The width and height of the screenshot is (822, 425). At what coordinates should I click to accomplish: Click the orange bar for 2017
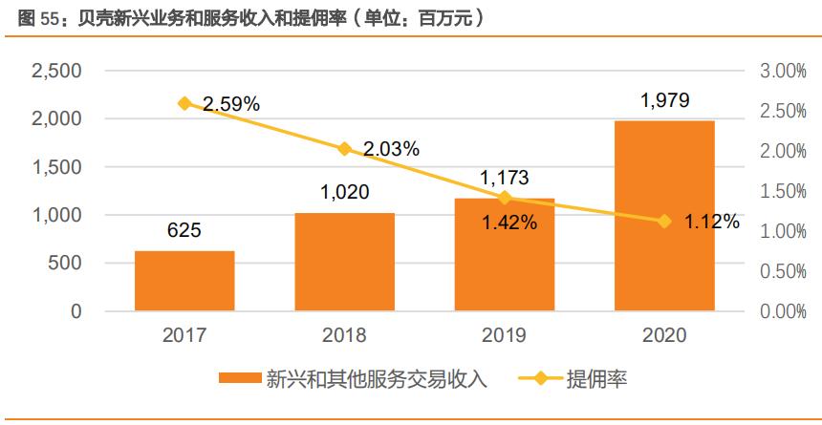coord(184,281)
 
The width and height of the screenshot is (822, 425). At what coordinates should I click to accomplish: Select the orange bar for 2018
coord(344,262)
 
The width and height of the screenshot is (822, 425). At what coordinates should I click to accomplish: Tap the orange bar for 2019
coord(505,255)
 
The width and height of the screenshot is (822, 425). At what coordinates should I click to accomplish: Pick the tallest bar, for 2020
coord(664,216)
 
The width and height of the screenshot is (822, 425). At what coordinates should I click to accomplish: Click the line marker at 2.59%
coord(184,103)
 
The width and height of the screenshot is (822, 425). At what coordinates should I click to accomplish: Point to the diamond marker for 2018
coord(345,148)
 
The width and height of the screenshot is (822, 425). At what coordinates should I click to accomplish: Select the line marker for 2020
coord(665,222)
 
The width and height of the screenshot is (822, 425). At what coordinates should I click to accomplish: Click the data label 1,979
coord(664,101)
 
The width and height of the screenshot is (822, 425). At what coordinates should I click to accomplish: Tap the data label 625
coord(184,231)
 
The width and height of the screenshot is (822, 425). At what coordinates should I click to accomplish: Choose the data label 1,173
coord(505,178)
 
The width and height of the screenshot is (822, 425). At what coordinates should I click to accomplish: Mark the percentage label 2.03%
coord(391,148)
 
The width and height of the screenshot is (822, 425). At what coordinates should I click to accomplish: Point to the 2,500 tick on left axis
coord(56,72)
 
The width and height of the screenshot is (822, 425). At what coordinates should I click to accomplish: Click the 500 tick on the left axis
coord(65,264)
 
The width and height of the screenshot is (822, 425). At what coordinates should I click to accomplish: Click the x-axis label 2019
coord(505,335)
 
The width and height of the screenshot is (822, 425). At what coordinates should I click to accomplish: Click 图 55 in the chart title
coord(32,17)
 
